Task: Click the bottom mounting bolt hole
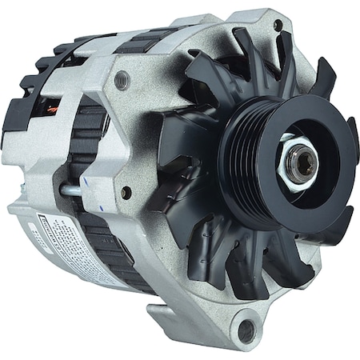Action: [246, 327]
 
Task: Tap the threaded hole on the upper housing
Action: [122, 79]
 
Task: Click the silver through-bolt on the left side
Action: [70, 190]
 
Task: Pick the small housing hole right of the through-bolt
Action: [126, 192]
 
